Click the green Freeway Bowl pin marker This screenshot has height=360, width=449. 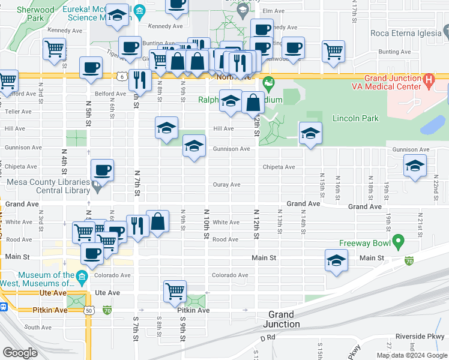click(x=397, y=242)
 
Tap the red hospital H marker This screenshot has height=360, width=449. click(x=429, y=80)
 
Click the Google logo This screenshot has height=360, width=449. click(x=20, y=353)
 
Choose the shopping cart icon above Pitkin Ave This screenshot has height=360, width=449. click(x=175, y=291)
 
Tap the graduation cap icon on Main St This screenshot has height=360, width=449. click(x=336, y=260)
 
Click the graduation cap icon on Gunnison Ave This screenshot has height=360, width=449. click(x=194, y=146)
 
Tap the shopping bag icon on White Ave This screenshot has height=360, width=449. click(x=157, y=221)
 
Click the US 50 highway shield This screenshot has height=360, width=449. click(x=89, y=310)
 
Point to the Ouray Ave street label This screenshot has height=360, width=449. click(x=226, y=185)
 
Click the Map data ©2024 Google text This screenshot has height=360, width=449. click(x=411, y=355)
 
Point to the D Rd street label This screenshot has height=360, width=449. click(x=268, y=339)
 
